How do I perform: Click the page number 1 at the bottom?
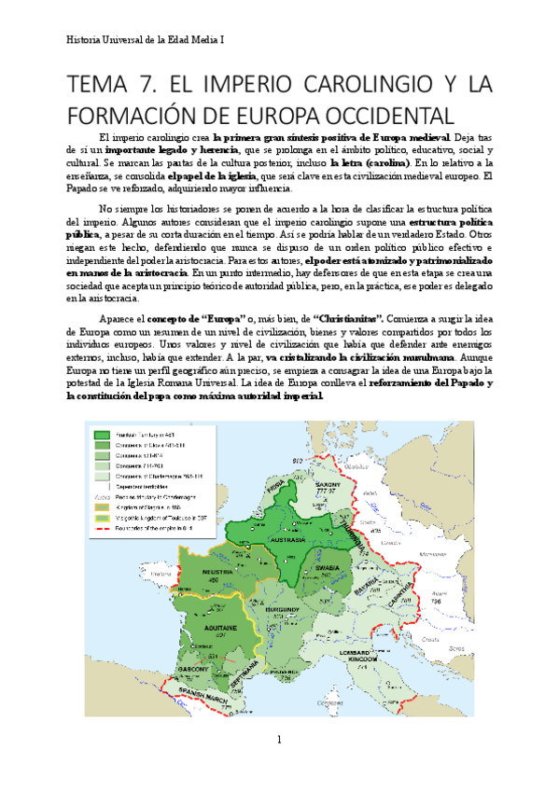click(278, 740)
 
